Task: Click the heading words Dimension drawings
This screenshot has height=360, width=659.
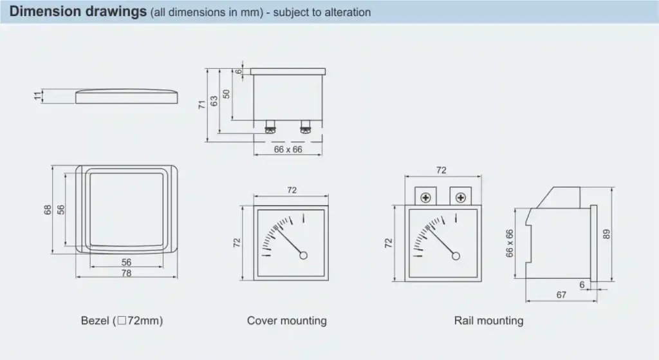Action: tap(78, 12)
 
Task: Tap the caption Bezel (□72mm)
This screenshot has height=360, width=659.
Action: tap(122, 320)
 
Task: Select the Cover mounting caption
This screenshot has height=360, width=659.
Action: tap(286, 320)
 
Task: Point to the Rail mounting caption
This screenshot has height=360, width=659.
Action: tap(488, 320)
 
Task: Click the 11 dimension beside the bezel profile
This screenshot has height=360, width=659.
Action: tap(38, 96)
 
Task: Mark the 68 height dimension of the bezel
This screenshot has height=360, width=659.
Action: tap(48, 210)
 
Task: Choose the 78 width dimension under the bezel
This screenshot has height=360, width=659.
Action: tap(127, 273)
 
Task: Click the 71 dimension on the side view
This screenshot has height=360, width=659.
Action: tap(202, 104)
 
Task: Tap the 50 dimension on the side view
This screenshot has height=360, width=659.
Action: tap(226, 93)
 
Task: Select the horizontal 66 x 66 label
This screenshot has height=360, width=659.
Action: tap(288, 149)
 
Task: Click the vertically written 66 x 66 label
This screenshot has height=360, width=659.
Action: tap(510, 243)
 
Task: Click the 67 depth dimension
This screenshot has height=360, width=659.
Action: tap(561, 295)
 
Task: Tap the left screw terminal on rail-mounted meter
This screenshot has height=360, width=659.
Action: tap(425, 196)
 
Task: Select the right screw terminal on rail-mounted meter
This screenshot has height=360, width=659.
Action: tap(461, 196)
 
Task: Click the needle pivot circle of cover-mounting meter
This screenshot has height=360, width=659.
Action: tap(303, 256)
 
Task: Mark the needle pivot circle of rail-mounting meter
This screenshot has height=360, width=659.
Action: tap(456, 256)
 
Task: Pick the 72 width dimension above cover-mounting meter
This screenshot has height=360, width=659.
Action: tap(292, 190)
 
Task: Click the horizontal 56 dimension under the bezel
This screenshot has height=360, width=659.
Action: tap(126, 262)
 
